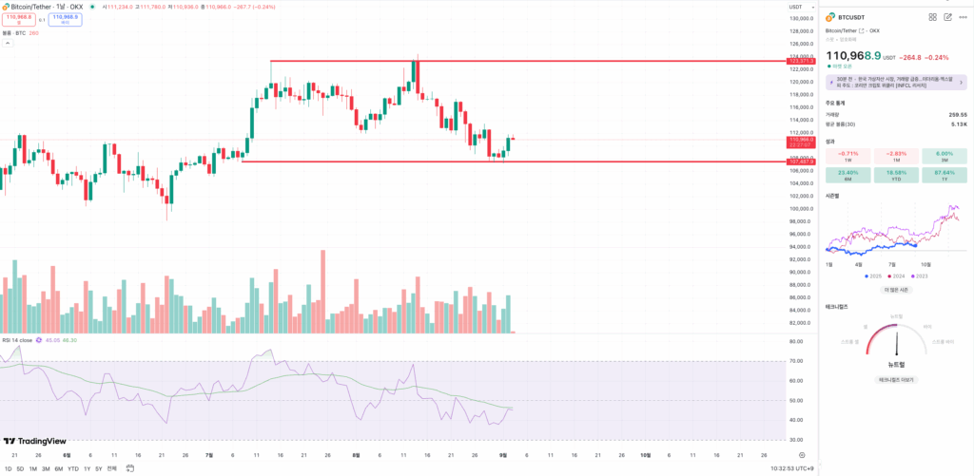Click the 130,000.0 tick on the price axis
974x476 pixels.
(x=801, y=18)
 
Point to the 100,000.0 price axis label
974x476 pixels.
(x=801, y=208)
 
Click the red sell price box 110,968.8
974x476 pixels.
(x=18, y=19)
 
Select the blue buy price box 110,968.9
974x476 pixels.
(x=65, y=19)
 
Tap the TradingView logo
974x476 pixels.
(x=34, y=441)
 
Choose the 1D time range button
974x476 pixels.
(x=9, y=468)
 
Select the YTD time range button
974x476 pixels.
(x=72, y=468)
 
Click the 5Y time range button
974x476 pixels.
(x=98, y=468)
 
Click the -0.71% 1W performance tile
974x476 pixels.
(x=847, y=155)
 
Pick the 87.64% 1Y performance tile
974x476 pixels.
(x=944, y=174)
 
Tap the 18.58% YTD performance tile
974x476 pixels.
(x=895, y=174)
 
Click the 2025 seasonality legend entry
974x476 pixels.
(x=874, y=276)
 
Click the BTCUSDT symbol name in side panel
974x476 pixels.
(x=853, y=17)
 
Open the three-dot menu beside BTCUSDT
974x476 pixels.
(x=963, y=17)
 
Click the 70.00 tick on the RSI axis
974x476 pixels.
(x=797, y=361)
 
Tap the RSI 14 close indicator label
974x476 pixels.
(x=17, y=339)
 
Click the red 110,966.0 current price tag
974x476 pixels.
(x=801, y=140)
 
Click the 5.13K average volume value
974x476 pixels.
(x=959, y=124)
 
